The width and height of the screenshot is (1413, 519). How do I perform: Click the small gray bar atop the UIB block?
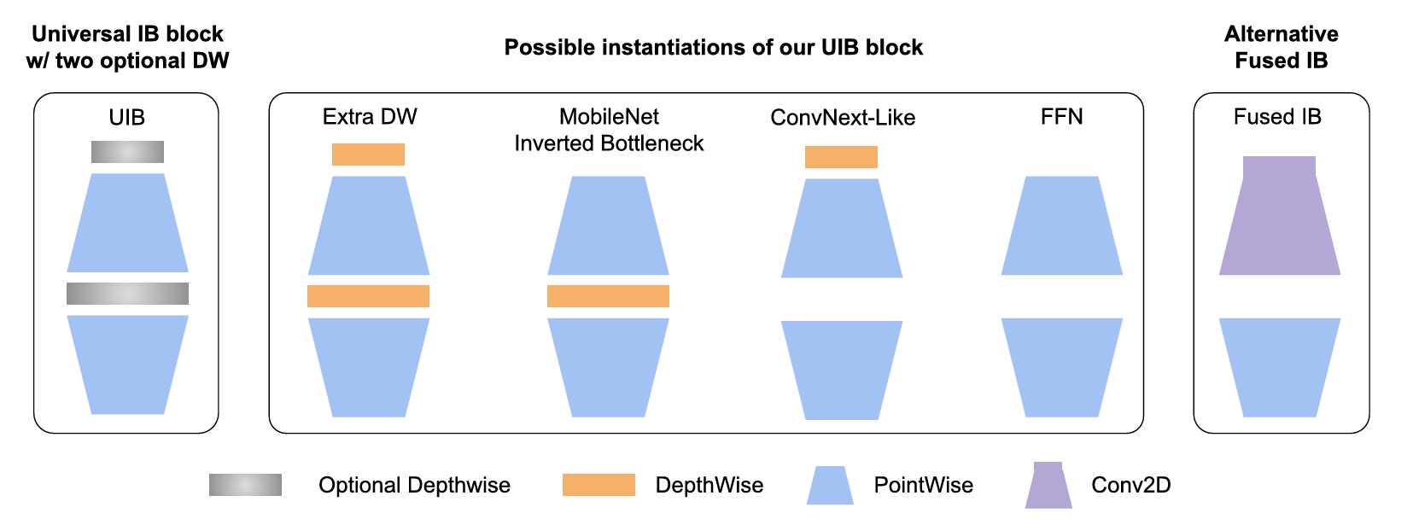coord(127,152)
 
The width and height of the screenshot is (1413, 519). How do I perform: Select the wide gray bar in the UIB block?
coord(127,294)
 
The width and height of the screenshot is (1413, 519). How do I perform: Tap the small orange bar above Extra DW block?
coord(368,155)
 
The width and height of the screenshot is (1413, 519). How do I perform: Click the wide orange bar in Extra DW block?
coord(368,296)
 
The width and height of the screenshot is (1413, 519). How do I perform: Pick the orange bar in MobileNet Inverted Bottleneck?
coord(608,296)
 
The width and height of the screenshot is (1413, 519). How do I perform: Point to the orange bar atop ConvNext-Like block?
coord(841,157)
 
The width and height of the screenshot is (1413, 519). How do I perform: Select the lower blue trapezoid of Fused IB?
coord(1279,367)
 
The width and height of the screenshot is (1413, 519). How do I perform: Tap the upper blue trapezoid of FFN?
coord(1061,226)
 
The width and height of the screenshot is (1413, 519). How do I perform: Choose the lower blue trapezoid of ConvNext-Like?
coord(842,370)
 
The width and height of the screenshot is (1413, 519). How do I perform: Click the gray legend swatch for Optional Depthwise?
coord(245,485)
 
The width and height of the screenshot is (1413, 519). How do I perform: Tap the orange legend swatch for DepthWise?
coord(598,485)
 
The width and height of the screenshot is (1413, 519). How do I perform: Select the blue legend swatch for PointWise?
coord(830,486)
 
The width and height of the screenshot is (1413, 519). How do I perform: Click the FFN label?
coord(1061,117)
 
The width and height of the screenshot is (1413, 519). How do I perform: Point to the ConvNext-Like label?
coord(843,118)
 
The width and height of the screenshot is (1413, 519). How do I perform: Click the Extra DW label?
coord(370,117)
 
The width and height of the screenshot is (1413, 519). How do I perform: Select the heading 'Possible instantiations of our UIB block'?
coord(714,48)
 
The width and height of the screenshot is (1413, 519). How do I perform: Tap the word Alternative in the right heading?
coord(1281,34)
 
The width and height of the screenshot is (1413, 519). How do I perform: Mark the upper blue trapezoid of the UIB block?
coord(127,224)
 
